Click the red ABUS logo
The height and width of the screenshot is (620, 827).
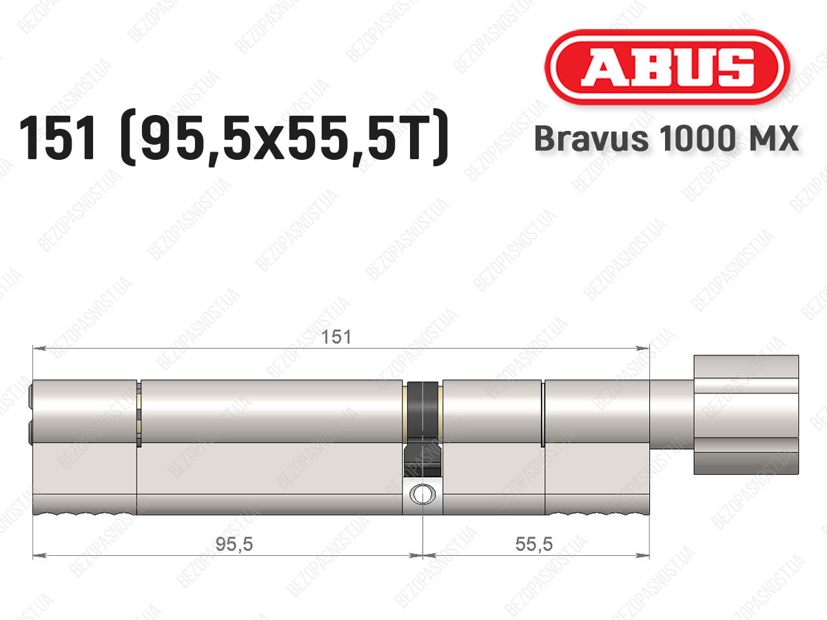pyautogui.click(x=667, y=67)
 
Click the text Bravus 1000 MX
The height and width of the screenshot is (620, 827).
pyautogui.click(x=666, y=138)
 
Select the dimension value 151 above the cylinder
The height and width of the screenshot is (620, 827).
pyautogui.click(x=336, y=337)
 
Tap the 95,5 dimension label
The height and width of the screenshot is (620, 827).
pyautogui.click(x=234, y=544)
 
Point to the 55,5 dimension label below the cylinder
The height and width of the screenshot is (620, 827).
pyautogui.click(x=534, y=544)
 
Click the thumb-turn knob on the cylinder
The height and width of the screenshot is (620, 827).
pyautogui.click(x=746, y=415)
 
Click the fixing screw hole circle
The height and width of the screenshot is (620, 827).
pyautogui.click(x=422, y=493)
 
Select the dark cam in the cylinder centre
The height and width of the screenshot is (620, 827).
pyautogui.click(x=422, y=429)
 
